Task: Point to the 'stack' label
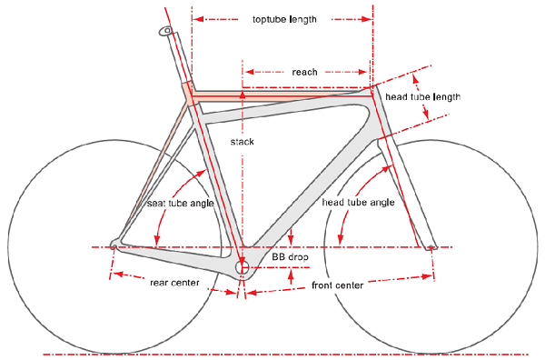243,143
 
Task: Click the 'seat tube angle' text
181,203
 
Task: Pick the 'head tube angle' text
358,203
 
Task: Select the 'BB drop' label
291,258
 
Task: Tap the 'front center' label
337,285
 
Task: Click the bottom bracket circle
243,267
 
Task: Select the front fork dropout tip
432,245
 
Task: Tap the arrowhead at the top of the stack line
243,92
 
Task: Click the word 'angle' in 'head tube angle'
380,203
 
